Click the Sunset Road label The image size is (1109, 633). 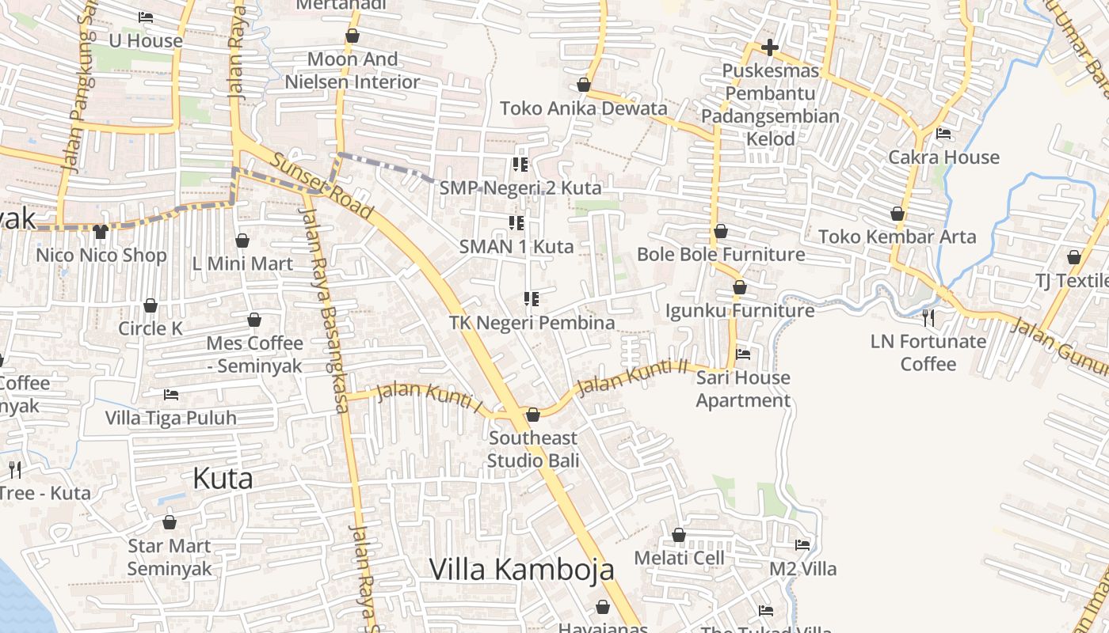point(321,187)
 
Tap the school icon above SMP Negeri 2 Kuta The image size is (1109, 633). point(520,165)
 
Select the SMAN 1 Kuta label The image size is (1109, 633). point(516,246)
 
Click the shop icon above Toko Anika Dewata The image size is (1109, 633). point(584,85)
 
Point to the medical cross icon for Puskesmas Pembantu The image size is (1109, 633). point(769,47)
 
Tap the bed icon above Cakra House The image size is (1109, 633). point(943,133)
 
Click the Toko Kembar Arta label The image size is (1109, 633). point(897,237)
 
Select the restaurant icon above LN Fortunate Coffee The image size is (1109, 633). point(928,318)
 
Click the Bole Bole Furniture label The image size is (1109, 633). point(721,254)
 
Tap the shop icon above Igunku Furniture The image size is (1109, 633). point(739,287)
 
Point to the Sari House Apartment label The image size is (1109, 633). point(743,389)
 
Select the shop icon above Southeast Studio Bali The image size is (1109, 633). point(533,415)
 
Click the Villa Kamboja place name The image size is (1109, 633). point(521,569)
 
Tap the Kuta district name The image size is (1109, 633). point(223,478)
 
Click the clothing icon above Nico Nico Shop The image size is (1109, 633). point(100,231)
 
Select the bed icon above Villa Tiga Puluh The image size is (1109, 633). point(171,394)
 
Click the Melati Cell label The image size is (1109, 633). point(679,558)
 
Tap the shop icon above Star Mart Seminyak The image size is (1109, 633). point(169,522)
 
